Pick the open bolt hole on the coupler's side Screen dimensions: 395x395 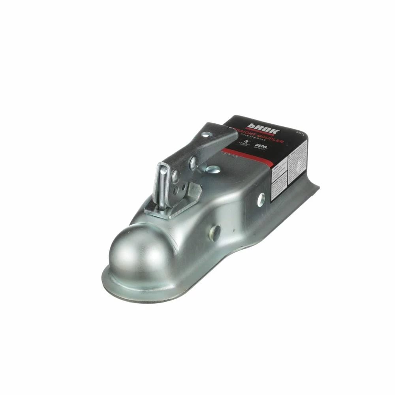(x=261, y=199)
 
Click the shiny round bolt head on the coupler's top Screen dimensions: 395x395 (x=213, y=169)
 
